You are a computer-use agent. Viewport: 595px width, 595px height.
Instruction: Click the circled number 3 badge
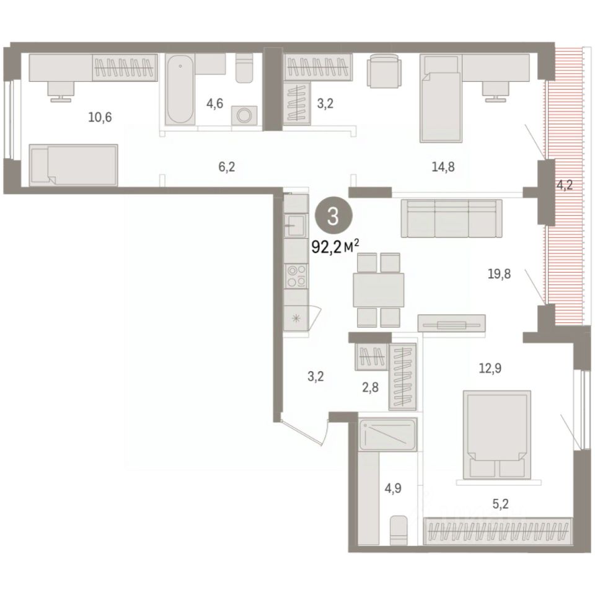point(333,216)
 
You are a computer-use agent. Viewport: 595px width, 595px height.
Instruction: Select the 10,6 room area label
point(100,117)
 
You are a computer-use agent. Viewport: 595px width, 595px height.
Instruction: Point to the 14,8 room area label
point(443,166)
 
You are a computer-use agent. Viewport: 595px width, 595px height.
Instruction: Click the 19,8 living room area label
point(500,273)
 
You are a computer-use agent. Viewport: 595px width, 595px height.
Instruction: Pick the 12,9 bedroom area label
point(490,368)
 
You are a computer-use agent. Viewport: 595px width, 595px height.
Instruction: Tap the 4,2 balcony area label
point(564,185)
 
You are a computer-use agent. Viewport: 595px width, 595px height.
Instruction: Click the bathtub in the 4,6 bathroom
point(180,89)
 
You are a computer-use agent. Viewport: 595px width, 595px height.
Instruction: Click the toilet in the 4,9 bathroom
point(399,530)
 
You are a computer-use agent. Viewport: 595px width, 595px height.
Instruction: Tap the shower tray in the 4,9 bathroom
point(388,434)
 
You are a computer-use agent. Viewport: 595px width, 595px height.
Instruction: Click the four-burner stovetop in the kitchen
point(296,276)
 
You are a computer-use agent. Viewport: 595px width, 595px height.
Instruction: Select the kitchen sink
point(295,226)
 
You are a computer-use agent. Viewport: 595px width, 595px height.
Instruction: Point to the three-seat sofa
point(452,219)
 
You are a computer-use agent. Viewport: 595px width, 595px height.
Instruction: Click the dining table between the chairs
point(378,290)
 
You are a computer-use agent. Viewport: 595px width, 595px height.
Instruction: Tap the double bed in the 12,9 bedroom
point(496,434)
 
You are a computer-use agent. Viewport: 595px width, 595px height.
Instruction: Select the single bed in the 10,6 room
point(73,165)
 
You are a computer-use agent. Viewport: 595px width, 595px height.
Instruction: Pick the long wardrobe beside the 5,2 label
point(498,531)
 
